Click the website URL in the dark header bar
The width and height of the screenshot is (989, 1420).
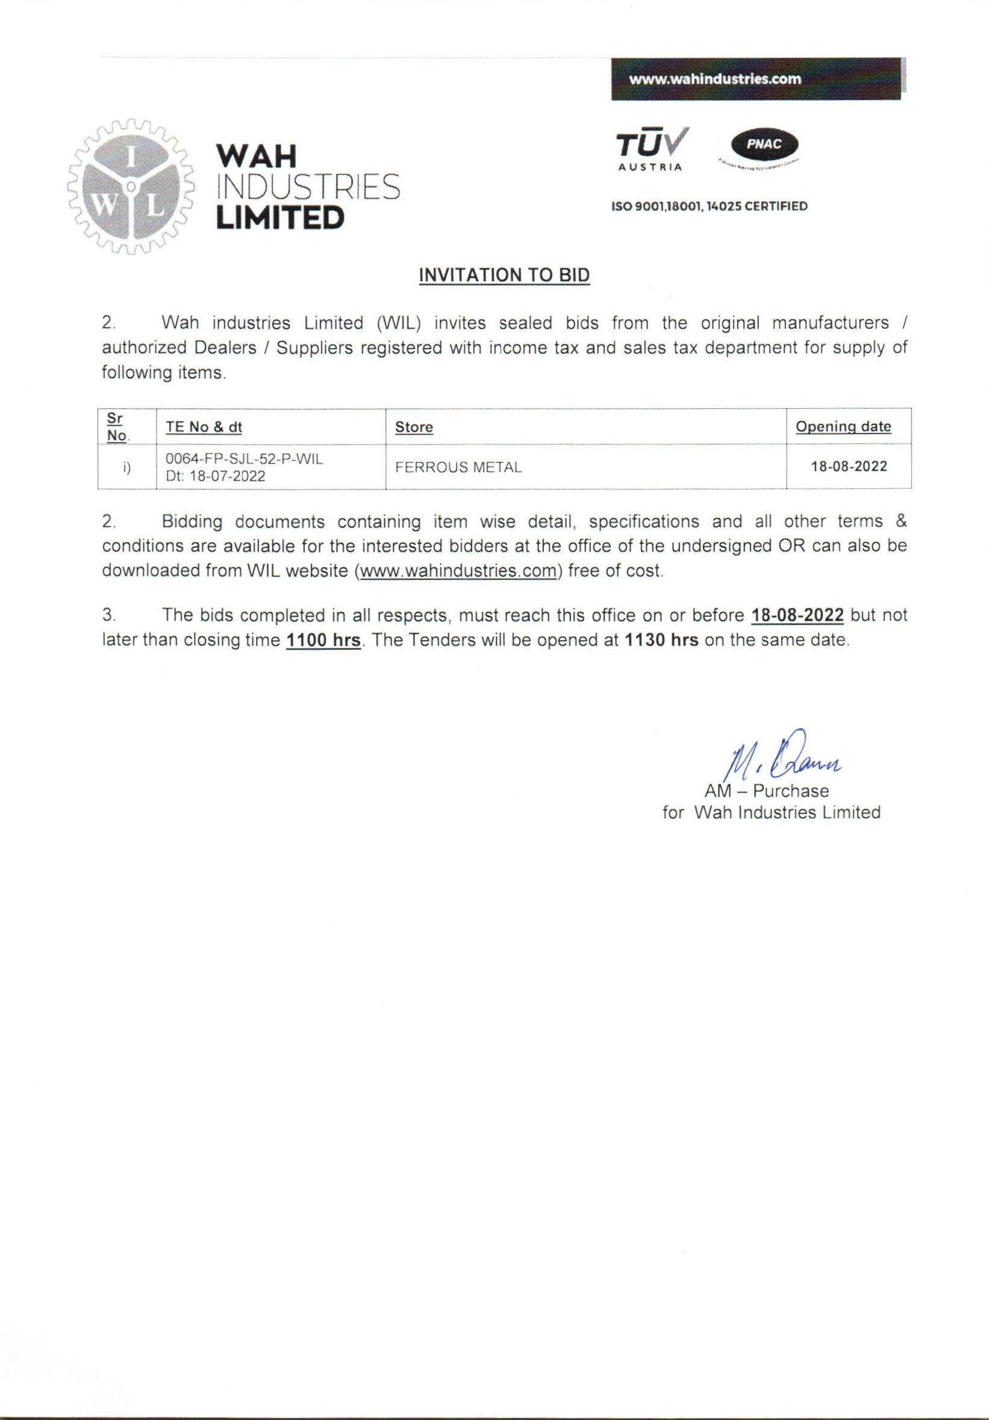[x=714, y=79]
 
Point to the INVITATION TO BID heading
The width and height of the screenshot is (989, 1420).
[x=504, y=275]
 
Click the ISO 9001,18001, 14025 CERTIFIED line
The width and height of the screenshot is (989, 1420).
[x=710, y=207]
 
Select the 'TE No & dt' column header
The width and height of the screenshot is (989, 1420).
[x=204, y=427]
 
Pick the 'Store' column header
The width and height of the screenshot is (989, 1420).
[x=414, y=427]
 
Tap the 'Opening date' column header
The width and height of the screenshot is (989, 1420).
[x=843, y=426]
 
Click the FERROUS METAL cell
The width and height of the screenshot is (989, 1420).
[x=458, y=467]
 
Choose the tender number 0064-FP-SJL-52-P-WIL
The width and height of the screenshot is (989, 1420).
[x=245, y=459]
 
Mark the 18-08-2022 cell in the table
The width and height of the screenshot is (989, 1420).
[x=849, y=466]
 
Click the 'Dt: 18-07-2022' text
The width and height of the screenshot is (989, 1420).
[x=215, y=476]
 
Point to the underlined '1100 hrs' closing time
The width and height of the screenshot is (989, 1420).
[x=323, y=640]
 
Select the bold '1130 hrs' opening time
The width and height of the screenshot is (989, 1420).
[x=662, y=640]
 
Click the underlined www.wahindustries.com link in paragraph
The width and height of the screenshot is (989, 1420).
[x=458, y=571]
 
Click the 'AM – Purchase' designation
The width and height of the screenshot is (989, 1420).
[x=766, y=791]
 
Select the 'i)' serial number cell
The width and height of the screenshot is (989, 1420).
[x=127, y=467]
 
